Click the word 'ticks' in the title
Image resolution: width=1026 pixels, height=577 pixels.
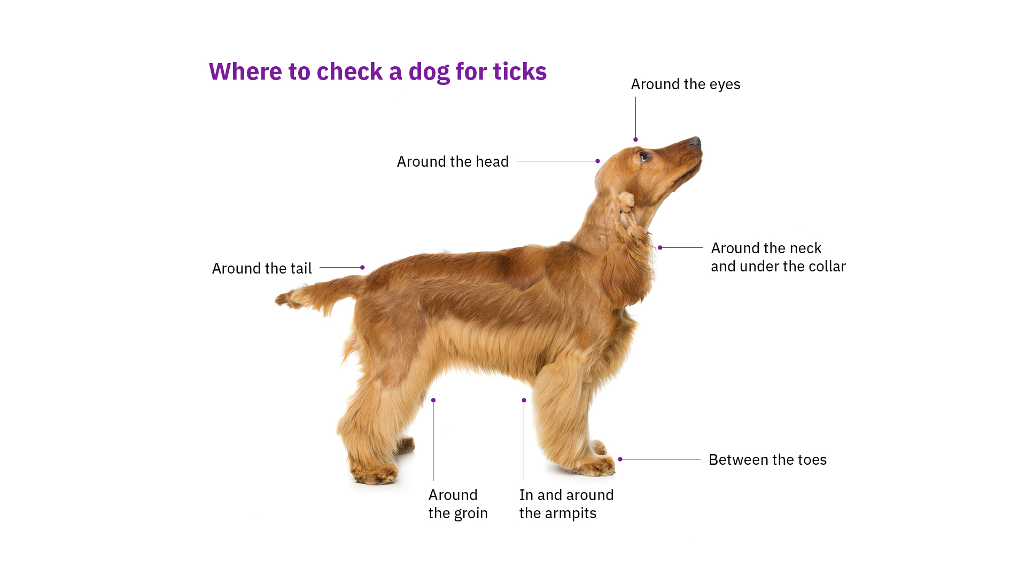point(519,72)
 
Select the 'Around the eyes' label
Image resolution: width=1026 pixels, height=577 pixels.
point(685,84)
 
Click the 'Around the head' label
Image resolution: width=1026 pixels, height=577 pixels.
point(452,161)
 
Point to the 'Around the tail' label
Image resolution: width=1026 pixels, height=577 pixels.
point(261,268)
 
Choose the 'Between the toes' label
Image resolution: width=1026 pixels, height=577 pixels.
point(767,459)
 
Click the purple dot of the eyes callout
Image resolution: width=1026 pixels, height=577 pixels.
point(635,139)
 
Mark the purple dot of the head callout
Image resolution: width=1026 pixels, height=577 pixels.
point(597,161)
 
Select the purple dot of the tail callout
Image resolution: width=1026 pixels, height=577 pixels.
point(362,267)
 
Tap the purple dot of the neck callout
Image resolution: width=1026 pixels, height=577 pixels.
point(660,247)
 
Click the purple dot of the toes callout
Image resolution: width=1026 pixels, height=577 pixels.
point(620,459)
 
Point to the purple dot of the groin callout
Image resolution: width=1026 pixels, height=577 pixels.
point(433,400)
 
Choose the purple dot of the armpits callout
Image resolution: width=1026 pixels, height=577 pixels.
point(524,400)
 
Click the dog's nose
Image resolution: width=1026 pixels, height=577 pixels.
point(695,142)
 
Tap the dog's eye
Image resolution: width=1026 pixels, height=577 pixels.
point(644,157)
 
